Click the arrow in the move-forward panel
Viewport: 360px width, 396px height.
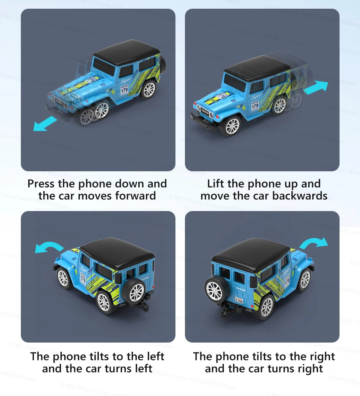45,124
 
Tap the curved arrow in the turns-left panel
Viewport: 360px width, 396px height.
49,247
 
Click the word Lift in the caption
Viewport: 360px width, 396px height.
216,184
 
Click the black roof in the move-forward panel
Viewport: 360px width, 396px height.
126,53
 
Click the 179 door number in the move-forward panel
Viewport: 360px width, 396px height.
124,91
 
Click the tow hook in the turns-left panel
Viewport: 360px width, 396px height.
143,307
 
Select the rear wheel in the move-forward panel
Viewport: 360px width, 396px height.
149,89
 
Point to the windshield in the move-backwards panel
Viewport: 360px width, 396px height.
235,82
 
